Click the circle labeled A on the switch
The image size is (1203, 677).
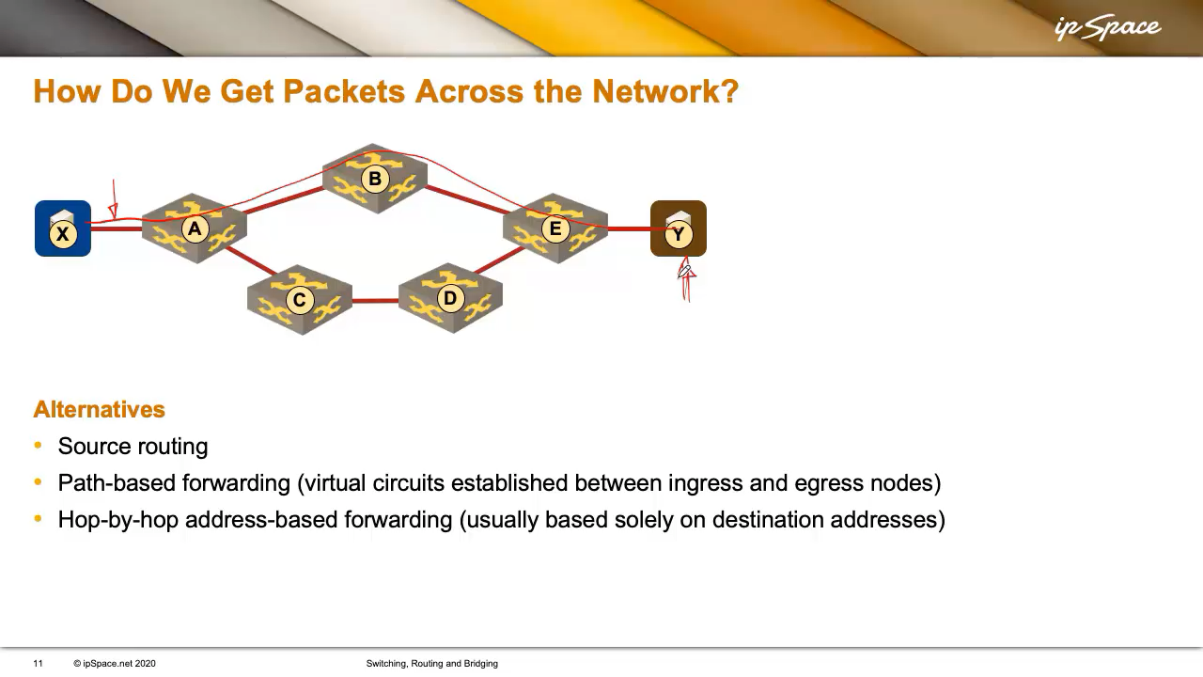tap(195, 228)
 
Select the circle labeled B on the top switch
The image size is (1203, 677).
tap(375, 179)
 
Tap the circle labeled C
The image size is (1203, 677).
tap(299, 300)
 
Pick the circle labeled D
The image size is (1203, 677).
tap(450, 298)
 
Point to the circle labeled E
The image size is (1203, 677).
tap(555, 228)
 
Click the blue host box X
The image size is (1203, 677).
tap(63, 228)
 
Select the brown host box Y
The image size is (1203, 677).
tap(679, 228)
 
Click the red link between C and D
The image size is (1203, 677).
tap(375, 300)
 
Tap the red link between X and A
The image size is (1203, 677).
tap(117, 228)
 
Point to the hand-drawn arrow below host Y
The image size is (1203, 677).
tap(686, 279)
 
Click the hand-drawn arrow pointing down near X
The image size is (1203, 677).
tap(114, 200)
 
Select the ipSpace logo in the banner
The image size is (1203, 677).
tap(1107, 28)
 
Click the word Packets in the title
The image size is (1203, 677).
tap(344, 91)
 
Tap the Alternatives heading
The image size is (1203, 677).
tap(100, 409)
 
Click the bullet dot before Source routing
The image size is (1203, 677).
tap(38, 445)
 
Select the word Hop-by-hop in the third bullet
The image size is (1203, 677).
tap(118, 520)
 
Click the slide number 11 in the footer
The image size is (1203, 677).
tap(38, 664)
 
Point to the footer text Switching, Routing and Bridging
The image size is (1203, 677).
tap(431, 664)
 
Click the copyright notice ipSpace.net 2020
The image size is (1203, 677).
tap(115, 664)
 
